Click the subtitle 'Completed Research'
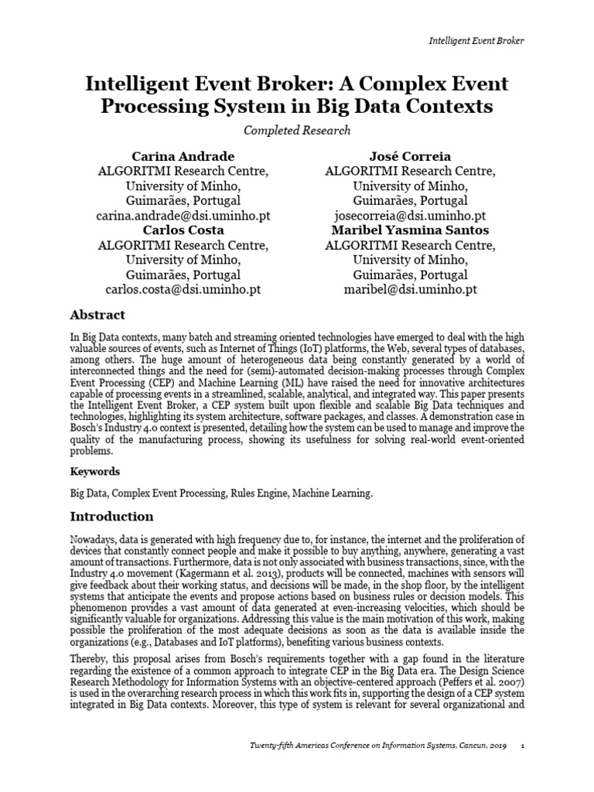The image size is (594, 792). [x=297, y=130]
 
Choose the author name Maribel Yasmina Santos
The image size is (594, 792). [x=410, y=230]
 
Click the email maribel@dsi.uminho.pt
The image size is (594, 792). [x=410, y=289]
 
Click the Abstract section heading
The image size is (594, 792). [x=97, y=315]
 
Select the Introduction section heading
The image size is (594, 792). [x=111, y=516]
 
